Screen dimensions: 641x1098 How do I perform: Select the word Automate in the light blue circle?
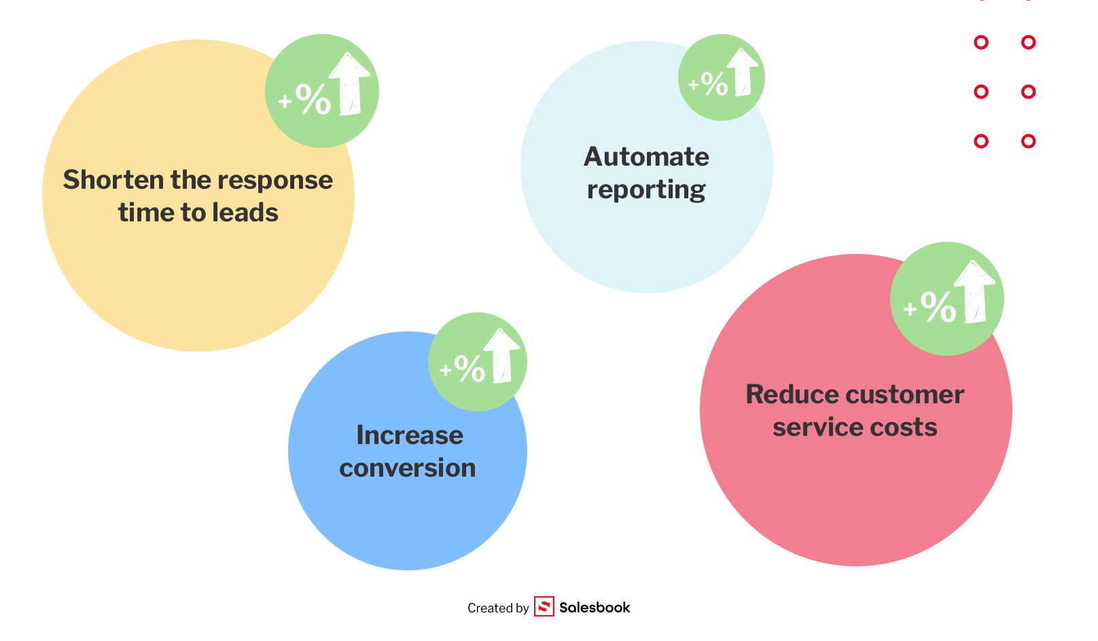[x=646, y=157]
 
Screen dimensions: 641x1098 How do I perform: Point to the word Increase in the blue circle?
[x=410, y=435]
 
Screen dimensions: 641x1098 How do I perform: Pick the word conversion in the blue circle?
[x=408, y=468]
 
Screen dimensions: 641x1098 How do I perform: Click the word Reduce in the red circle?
[x=792, y=395]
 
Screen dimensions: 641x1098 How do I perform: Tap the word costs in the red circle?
[x=904, y=427]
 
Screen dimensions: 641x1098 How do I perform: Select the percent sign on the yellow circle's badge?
[x=313, y=99]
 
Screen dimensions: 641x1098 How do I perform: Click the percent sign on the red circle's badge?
[x=938, y=306]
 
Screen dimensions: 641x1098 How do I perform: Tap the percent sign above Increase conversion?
[x=470, y=368]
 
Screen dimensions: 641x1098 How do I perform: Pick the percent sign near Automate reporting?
[x=714, y=84]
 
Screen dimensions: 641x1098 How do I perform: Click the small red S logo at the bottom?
[x=544, y=606]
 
